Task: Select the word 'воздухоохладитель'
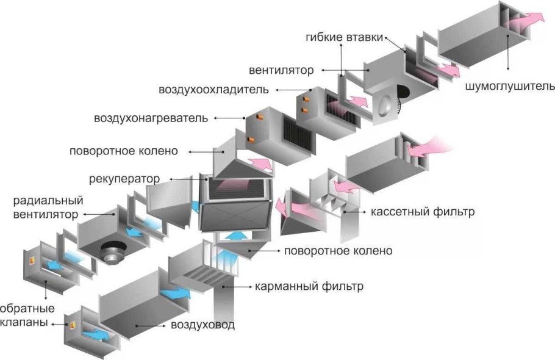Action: click(213, 90)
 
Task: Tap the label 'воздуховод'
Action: click(202, 325)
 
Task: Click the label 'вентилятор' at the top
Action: click(281, 70)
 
